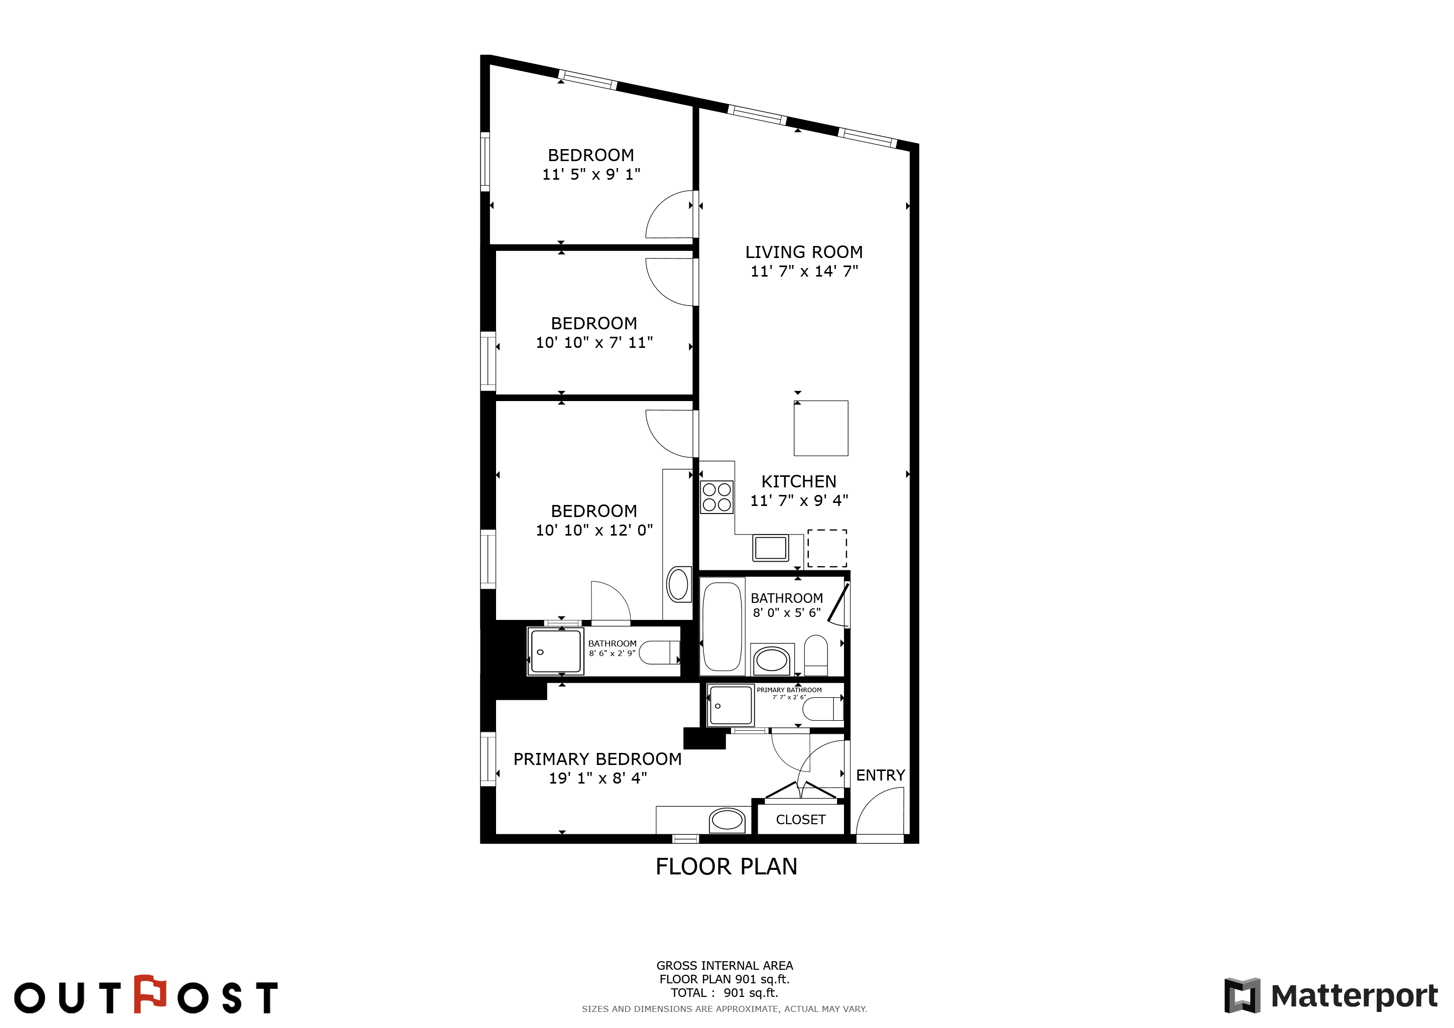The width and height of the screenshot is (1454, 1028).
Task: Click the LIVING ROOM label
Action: (804, 252)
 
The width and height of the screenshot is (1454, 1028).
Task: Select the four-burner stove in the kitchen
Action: (716, 497)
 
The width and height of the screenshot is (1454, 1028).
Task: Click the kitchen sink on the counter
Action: (770, 548)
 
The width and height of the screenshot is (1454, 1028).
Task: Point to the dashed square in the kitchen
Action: (827, 548)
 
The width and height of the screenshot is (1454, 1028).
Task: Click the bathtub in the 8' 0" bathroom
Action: (722, 626)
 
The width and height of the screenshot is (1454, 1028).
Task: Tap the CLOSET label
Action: (800, 820)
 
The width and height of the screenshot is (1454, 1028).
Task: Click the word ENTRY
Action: (880, 775)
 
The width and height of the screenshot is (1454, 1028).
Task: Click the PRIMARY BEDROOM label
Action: (597, 759)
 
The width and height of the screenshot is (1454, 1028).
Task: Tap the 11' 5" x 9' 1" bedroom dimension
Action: (591, 174)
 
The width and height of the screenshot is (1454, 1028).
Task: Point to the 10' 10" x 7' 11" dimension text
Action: (594, 342)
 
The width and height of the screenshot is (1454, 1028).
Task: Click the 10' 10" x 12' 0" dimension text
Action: (594, 530)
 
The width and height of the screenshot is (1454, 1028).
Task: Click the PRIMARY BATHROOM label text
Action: (789, 690)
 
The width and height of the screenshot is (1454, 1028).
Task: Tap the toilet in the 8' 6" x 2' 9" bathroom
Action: (659, 652)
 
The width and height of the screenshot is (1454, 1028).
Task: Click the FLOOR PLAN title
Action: (726, 866)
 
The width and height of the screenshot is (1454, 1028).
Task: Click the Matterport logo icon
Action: (1243, 996)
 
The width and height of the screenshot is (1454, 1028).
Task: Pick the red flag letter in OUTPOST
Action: (150, 994)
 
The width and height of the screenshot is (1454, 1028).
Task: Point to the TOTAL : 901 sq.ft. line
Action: (724, 992)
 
